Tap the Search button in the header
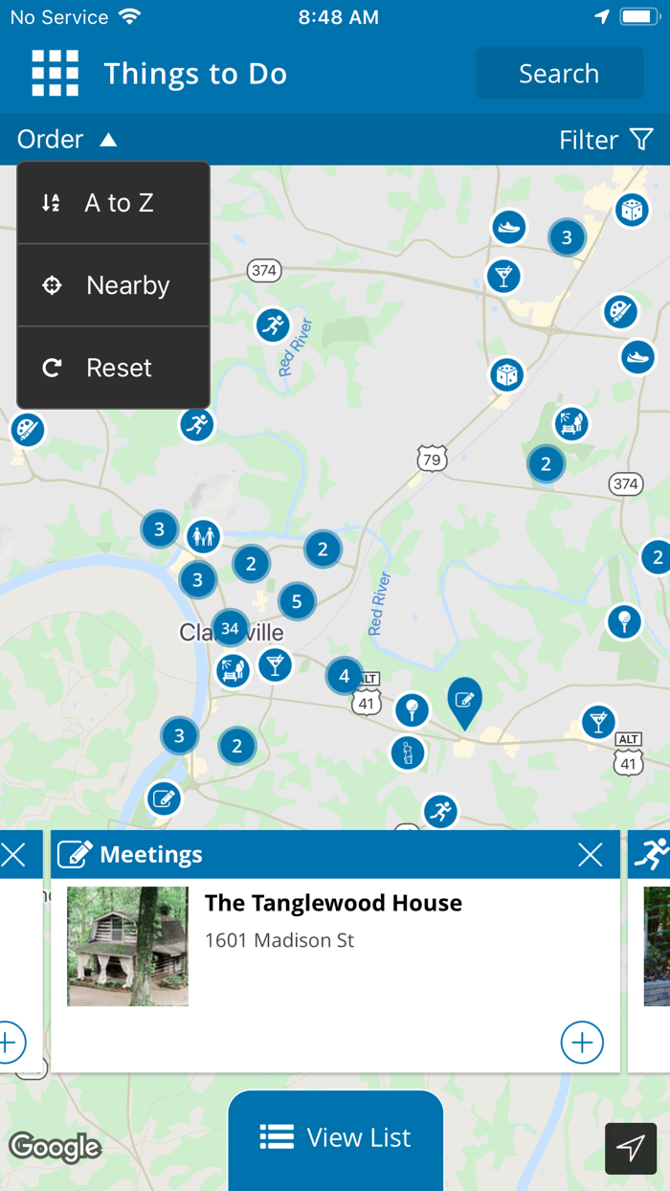pos(559,74)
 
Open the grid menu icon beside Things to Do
pos(55,74)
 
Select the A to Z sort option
pos(113,203)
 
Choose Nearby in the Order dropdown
pos(113,285)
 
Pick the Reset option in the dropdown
pos(113,368)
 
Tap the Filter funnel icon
pos(641,140)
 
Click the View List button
pos(336,1137)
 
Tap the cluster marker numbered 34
pos(230,628)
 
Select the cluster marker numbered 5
pos(297,601)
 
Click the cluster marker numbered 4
pos(345,676)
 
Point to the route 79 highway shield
pos(432,459)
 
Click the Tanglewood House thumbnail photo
pos(127,946)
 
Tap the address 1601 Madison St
pos(279,940)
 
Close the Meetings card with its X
pos(591,855)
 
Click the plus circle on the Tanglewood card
pos(582,1042)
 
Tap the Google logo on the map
pos(55,1147)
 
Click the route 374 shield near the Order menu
pos(263,271)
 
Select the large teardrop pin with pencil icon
pos(464,701)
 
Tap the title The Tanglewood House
pos(333,903)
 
